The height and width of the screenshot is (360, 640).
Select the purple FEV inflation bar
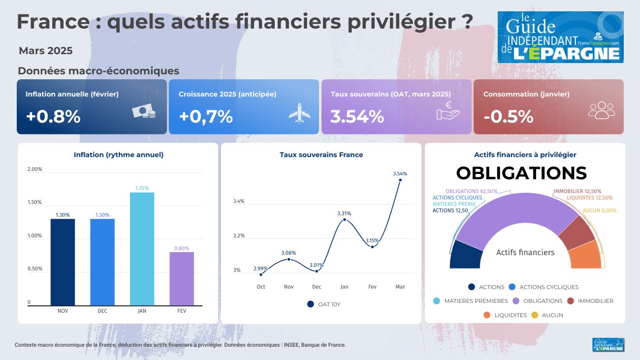(182, 279)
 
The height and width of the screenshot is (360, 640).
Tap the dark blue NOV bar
(63, 262)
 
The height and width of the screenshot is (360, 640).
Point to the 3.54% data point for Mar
(400, 180)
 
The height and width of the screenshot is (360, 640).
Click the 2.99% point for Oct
(261, 274)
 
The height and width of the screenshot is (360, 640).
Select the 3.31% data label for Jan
(344, 213)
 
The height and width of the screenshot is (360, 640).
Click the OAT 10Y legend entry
(323, 304)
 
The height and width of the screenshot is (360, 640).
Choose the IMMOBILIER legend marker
(570, 301)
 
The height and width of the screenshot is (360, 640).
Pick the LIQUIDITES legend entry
(505, 315)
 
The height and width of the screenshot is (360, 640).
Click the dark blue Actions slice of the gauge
(465, 255)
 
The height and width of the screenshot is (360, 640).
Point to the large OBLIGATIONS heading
(521, 173)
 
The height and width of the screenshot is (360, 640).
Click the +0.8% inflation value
(53, 117)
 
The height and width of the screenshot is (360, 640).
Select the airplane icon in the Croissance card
(299, 114)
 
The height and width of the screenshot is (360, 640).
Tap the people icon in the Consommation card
(601, 110)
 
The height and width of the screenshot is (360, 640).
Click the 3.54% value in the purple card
(357, 117)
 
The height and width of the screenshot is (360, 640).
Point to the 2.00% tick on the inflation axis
(34, 169)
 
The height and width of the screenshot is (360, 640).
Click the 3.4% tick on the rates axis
(238, 201)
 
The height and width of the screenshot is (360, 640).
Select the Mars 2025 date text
(46, 51)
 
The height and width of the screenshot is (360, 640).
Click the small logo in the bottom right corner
(608, 345)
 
